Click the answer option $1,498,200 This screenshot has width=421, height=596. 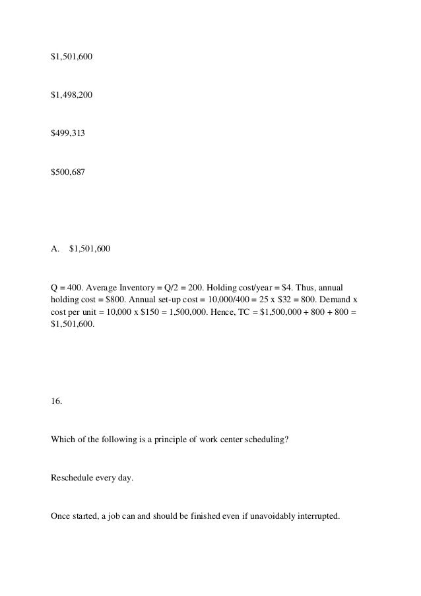[72, 95]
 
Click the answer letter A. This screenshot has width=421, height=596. [55, 249]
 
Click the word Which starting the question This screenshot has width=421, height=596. [63, 439]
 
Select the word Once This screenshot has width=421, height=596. [61, 515]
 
